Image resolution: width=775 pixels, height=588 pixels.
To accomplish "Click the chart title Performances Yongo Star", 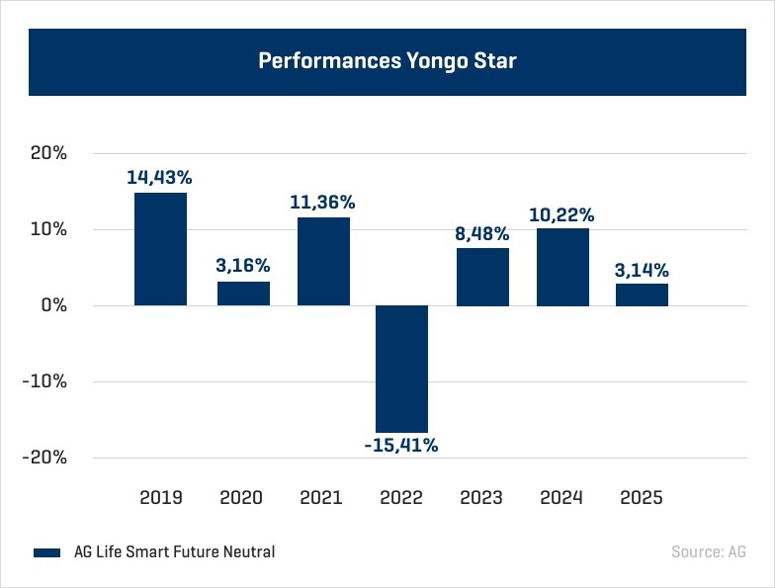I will (387, 61).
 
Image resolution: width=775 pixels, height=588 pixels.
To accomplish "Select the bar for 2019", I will (160, 249).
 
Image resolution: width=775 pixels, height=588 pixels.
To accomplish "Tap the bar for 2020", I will (243, 294).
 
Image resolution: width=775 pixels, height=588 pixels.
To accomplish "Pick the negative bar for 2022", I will (401, 369).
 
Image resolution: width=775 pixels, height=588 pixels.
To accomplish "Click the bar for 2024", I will (562, 267).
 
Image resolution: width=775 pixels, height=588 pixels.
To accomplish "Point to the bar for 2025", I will (642, 294).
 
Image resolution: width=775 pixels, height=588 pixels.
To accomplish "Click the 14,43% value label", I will (159, 178).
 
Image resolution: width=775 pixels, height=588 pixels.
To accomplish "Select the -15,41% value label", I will (401, 446).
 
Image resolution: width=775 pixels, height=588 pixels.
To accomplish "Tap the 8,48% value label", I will (482, 234).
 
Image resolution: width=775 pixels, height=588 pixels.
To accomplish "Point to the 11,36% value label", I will (322, 203).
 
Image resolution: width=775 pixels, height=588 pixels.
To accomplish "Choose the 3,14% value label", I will (642, 270).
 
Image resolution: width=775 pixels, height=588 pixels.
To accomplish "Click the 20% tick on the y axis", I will (46, 154).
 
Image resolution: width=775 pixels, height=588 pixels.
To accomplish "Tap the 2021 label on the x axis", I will (322, 497).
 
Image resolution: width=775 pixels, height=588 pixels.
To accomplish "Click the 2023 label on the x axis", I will (482, 497).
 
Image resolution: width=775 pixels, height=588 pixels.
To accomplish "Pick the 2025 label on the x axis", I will (642, 497).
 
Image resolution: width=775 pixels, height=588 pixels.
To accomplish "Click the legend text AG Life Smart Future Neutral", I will (174, 551).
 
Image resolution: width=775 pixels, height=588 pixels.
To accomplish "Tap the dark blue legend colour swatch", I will (47, 552).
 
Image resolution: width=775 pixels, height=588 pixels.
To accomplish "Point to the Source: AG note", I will (708, 551).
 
